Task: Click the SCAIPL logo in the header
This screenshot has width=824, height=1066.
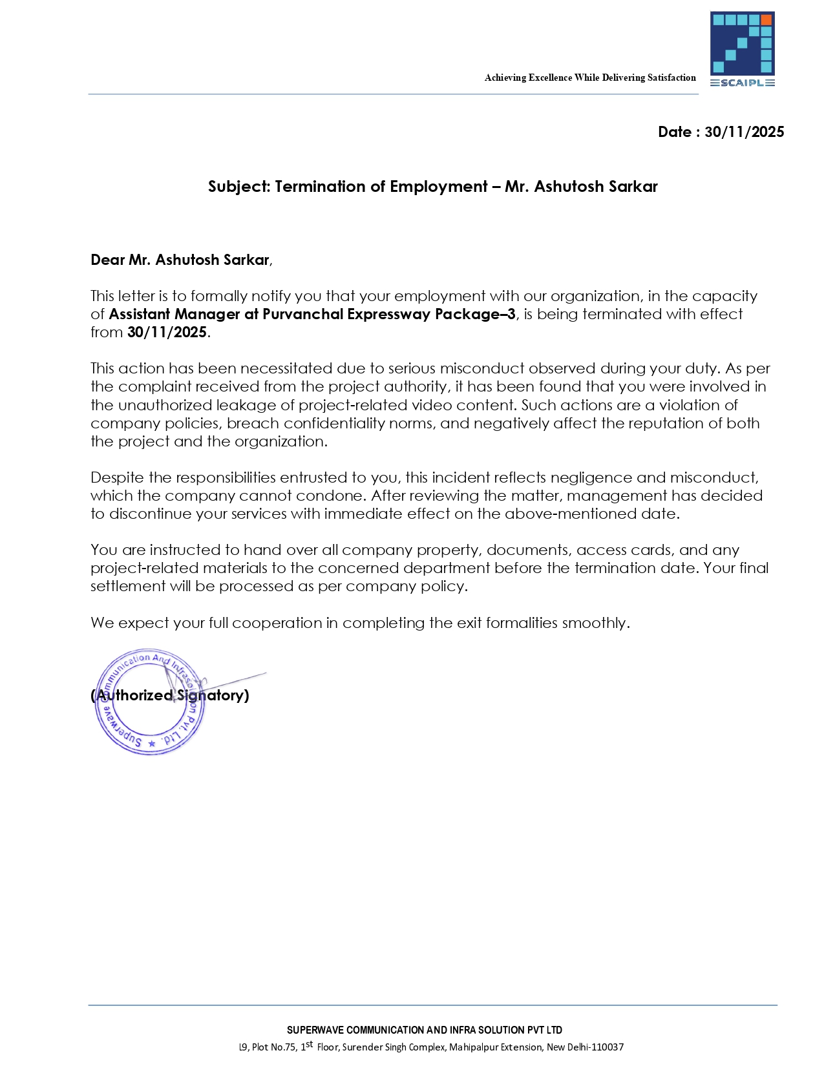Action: [x=742, y=49]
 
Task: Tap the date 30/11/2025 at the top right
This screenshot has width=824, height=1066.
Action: [x=744, y=132]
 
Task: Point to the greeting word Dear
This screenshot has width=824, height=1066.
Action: [x=107, y=260]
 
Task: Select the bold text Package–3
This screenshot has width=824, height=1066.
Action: [x=475, y=314]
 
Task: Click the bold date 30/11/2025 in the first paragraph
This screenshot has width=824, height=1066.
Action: [x=167, y=332]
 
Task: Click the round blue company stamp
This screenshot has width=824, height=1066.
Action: [x=150, y=702]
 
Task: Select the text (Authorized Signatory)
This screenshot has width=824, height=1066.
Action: [x=170, y=695]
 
